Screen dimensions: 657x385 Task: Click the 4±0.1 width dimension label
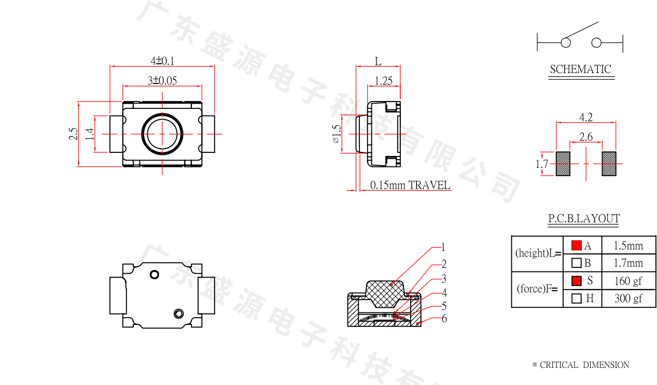[x=162, y=61]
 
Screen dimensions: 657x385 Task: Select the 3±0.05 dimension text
[x=162, y=80]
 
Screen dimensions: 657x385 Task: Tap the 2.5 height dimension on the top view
[x=73, y=134]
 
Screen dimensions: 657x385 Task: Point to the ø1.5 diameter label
[x=337, y=134]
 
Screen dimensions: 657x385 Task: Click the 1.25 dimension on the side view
[x=384, y=81]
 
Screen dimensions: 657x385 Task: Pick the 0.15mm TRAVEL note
[x=410, y=185]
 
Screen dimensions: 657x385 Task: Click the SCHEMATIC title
[x=581, y=69]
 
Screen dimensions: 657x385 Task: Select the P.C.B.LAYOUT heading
[x=584, y=219]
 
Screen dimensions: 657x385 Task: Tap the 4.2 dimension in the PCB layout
[x=586, y=118]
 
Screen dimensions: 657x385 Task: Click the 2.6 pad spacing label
[x=586, y=137]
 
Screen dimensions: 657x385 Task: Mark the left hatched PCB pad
[x=563, y=164]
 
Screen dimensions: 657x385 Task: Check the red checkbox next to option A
[x=576, y=245]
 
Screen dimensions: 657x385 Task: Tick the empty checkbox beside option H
[x=576, y=298]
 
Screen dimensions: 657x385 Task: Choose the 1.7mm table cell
[x=628, y=263]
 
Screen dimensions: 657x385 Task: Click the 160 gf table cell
[x=628, y=281]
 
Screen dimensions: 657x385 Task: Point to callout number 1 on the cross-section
[x=443, y=247]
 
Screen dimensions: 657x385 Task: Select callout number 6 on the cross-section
[x=444, y=319]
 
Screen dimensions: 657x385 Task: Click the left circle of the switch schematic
[x=566, y=43]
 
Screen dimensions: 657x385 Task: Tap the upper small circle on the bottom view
[x=155, y=275]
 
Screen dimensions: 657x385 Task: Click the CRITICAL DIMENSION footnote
[x=581, y=365]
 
